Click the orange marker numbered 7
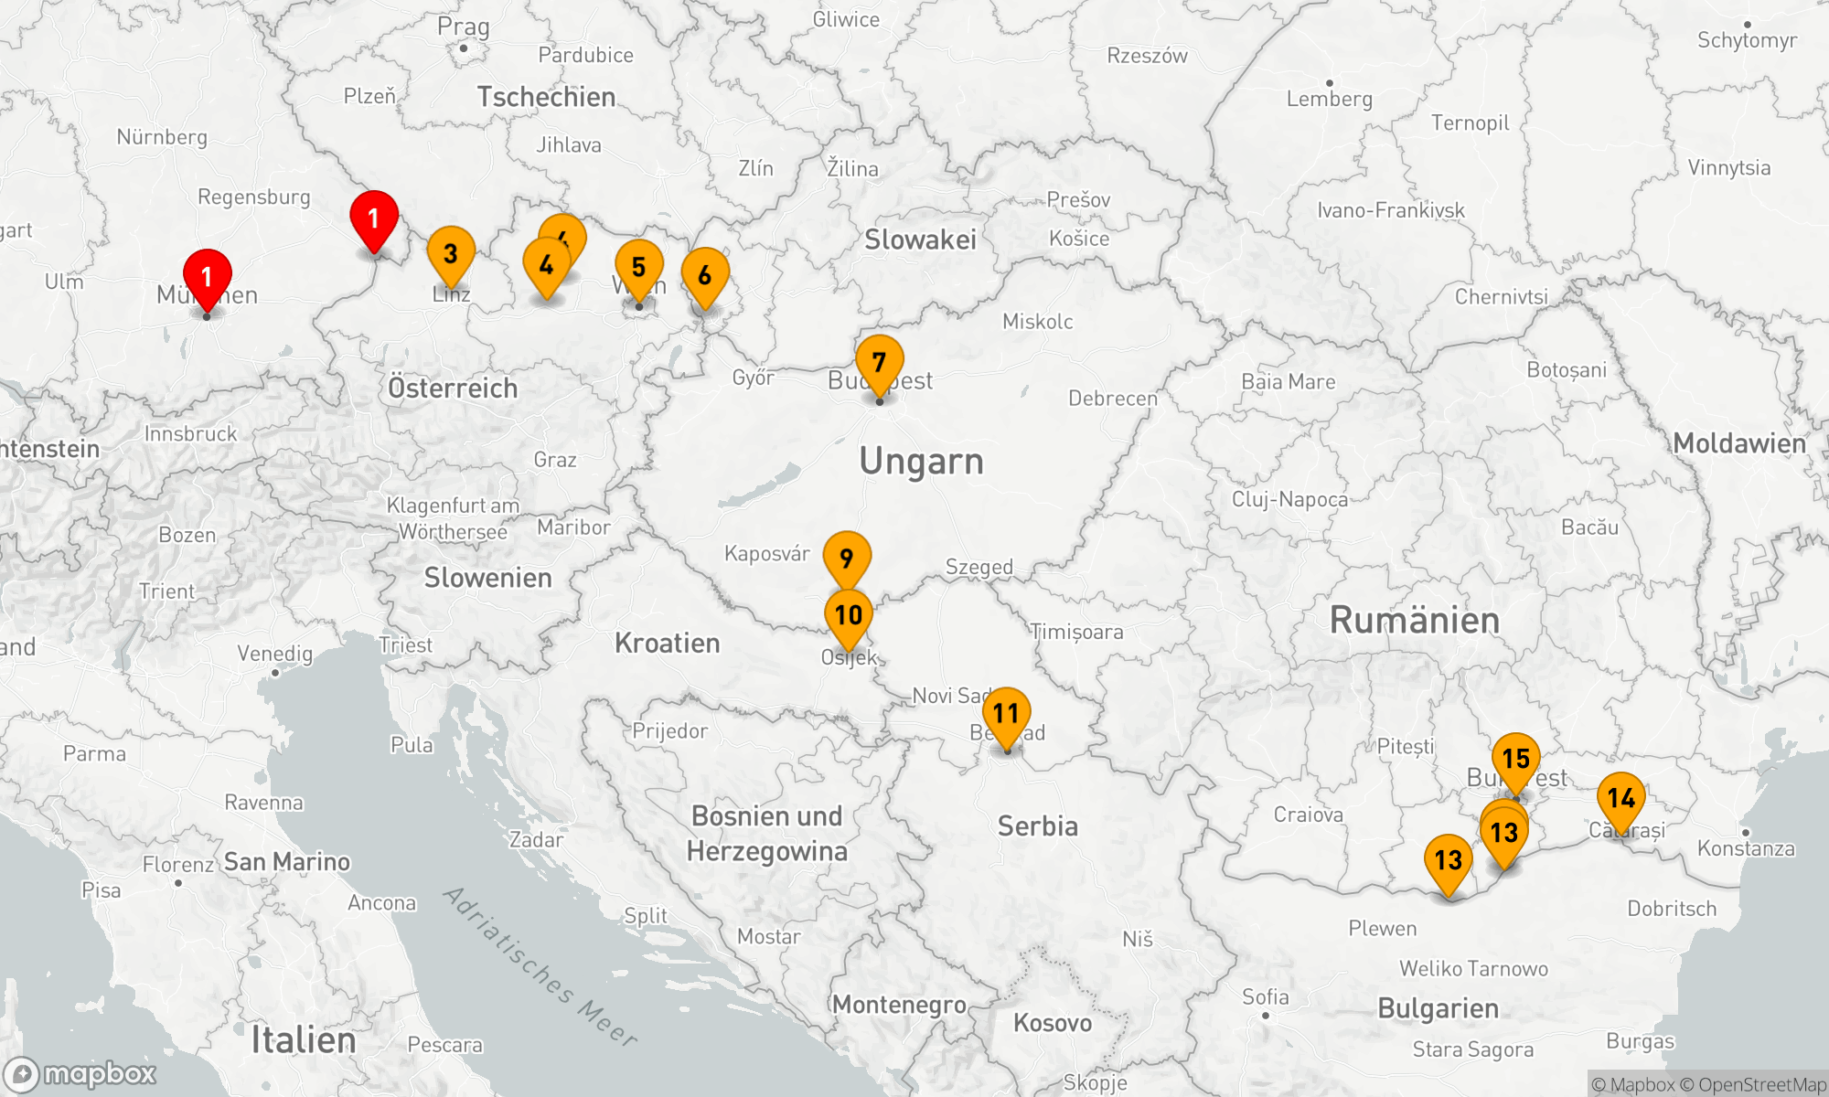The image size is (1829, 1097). tap(879, 364)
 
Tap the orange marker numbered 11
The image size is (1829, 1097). tap(1006, 714)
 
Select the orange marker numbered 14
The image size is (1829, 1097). tap(1620, 799)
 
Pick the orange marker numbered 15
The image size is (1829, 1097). tap(1515, 759)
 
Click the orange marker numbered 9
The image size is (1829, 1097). tap(847, 558)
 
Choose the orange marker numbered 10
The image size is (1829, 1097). tap(849, 616)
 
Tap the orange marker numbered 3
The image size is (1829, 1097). tap(451, 253)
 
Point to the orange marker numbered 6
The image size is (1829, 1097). tap(705, 275)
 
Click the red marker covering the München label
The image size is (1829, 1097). tap(208, 277)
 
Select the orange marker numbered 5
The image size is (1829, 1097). tap(639, 268)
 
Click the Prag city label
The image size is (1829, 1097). tap(463, 27)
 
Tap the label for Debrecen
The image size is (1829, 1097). tap(1113, 399)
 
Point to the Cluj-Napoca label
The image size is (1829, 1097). tap(1289, 499)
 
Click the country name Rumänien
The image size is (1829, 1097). tap(1414, 621)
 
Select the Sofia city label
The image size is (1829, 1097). tap(1265, 997)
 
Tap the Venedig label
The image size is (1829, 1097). tap(275, 654)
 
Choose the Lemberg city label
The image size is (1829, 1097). tap(1329, 99)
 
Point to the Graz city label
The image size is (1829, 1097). tap(555, 460)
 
